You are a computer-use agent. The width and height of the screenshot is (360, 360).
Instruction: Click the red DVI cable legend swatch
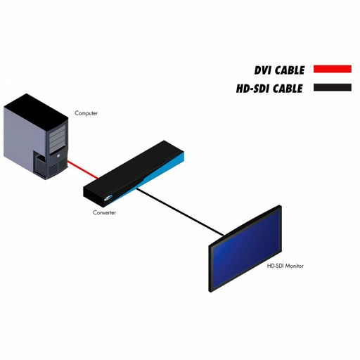(333, 69)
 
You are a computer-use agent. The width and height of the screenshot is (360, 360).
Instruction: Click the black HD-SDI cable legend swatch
(333, 87)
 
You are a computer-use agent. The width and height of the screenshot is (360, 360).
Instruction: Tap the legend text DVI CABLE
(279, 70)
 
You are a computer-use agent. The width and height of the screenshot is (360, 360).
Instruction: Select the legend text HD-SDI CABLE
(269, 89)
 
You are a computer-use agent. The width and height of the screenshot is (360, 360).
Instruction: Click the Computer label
(86, 113)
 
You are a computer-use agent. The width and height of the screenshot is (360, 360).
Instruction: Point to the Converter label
(104, 212)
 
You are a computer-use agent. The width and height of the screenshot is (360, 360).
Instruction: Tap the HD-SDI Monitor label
(285, 266)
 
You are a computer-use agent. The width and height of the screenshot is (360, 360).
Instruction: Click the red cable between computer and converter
(83, 169)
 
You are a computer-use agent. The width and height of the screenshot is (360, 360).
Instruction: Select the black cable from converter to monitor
(180, 212)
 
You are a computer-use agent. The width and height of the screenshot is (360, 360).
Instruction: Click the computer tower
(36, 136)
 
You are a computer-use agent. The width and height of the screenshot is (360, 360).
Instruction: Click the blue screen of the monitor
(246, 249)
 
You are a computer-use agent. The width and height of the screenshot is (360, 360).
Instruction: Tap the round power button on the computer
(58, 155)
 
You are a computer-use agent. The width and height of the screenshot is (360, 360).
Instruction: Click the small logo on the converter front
(108, 198)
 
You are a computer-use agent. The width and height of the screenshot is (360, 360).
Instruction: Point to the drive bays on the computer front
(57, 138)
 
